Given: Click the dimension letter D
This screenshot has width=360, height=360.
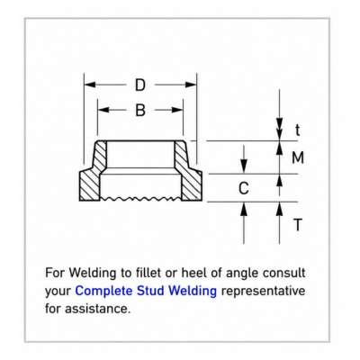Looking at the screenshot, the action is point(140,85).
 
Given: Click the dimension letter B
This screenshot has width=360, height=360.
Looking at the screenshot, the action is point(140,110).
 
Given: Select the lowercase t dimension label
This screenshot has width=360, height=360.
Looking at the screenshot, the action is point(297,130).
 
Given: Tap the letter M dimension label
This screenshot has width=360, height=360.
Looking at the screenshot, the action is point(298,157).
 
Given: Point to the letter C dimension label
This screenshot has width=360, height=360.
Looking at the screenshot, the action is point(244,188).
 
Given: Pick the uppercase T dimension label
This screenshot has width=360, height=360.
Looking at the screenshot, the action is point(298,225).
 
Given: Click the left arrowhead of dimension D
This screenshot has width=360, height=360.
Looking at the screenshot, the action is point(90,85).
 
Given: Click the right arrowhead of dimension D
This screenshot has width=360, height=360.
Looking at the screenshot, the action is point(191,85).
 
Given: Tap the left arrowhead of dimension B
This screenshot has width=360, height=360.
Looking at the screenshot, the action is point(103,110).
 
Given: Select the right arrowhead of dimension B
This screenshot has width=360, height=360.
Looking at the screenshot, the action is point(177,110).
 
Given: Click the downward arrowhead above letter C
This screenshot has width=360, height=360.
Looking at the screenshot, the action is point(244,166).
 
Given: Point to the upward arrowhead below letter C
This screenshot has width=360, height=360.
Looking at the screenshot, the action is point(244,209).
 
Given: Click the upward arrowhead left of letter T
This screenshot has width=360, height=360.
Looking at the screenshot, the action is point(280,209).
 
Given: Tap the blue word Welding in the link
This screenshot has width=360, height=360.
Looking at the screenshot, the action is point(193,291).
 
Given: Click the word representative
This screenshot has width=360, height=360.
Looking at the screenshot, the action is point(263,292).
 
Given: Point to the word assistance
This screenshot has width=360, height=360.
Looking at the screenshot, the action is point(97,309).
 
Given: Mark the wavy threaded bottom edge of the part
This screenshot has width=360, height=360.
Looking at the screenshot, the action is point(140,199).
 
